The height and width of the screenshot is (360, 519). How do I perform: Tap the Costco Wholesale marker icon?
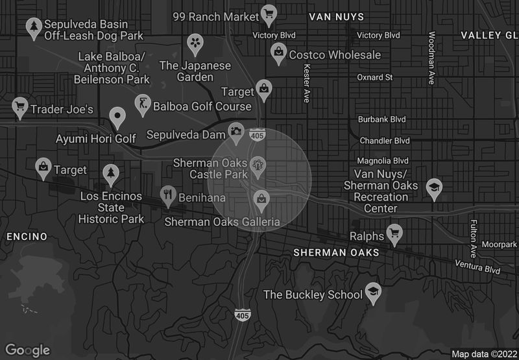[x=278, y=52]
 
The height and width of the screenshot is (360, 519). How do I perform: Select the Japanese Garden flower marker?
[x=194, y=43]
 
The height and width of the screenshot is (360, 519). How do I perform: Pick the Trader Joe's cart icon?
[x=19, y=106]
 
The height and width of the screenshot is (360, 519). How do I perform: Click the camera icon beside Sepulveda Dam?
[x=236, y=133]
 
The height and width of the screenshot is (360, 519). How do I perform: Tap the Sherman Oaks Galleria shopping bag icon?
[x=261, y=197]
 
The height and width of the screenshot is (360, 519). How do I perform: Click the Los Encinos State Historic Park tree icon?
[x=111, y=173]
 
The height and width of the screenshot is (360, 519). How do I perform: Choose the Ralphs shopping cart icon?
[x=394, y=232]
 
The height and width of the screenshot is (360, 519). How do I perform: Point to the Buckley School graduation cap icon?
[x=373, y=292]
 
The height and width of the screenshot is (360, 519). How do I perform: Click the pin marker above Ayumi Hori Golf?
[x=117, y=117]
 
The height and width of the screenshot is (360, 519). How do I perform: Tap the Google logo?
[x=28, y=350]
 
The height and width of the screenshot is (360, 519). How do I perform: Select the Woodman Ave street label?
[x=431, y=58]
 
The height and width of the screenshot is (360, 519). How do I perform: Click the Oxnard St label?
[x=375, y=77]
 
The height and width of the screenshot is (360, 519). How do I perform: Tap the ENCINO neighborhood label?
[x=27, y=236]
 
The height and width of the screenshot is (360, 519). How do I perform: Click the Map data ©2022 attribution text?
[x=483, y=354]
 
